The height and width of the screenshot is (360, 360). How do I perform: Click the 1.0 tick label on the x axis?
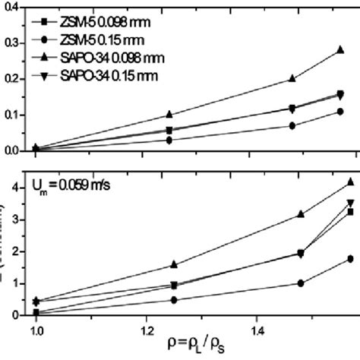tap(35, 332)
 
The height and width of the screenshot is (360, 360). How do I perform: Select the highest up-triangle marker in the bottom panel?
tap(349, 182)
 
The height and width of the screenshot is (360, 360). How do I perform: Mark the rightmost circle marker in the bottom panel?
tap(349, 259)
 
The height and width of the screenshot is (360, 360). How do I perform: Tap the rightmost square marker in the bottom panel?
tap(349, 212)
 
